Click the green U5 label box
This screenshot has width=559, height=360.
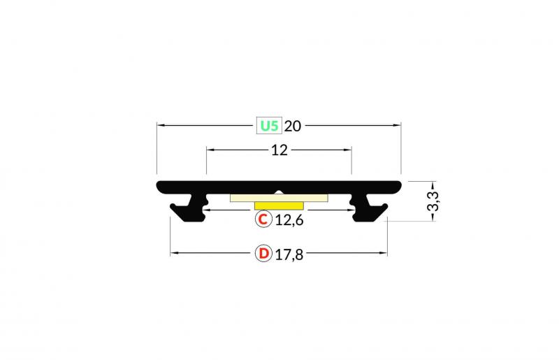[270, 126]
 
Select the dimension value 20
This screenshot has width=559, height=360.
[293, 126]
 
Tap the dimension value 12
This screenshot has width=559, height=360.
[279, 150]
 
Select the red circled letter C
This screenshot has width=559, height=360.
[262, 220]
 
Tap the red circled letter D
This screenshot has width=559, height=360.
[263, 253]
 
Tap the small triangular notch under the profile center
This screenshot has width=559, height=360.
[279, 192]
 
